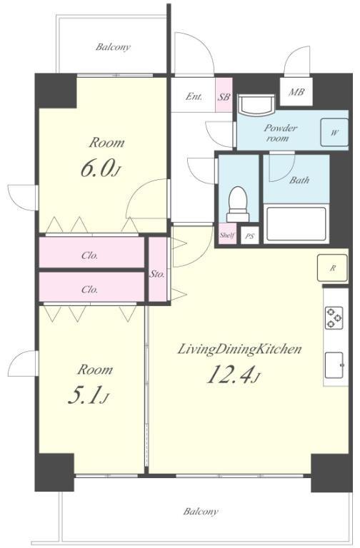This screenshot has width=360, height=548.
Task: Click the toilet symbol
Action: [x=239, y=204]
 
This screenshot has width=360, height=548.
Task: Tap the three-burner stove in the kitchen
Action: [x=334, y=318]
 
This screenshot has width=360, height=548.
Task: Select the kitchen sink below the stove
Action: [x=334, y=365]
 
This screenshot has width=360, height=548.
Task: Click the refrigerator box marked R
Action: [x=332, y=268]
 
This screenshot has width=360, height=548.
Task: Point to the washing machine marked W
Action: [x=334, y=133]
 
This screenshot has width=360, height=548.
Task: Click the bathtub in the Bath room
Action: [x=296, y=223]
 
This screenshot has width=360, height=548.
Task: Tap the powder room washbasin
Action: [x=256, y=105]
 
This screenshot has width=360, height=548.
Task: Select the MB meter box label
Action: [x=296, y=92]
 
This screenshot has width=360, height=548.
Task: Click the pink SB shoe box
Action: [x=224, y=95]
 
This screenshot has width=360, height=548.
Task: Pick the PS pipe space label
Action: [x=249, y=237]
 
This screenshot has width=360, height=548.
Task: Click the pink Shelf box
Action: [x=227, y=235]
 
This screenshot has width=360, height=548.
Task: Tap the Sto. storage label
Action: [x=157, y=274]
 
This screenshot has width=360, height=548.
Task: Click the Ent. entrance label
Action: [x=194, y=96]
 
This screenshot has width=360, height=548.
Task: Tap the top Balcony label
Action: [x=113, y=47]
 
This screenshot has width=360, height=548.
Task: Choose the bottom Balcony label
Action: [x=201, y=512]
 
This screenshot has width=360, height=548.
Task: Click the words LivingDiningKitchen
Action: [x=240, y=349]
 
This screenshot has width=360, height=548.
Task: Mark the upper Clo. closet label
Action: [x=89, y=255]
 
